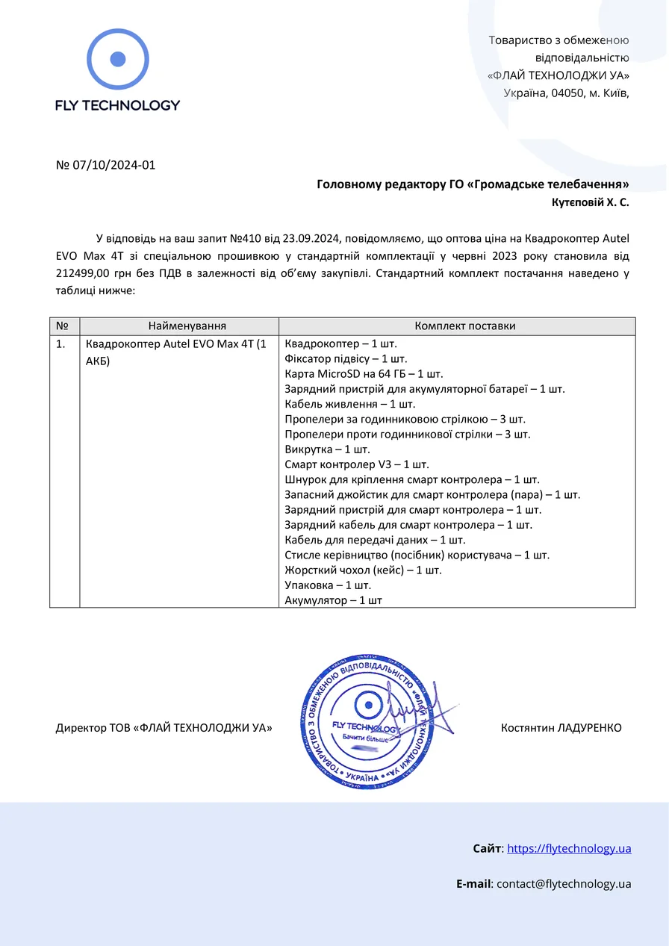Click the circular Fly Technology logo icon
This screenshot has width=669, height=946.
[x=118, y=59]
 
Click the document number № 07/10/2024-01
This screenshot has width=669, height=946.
[x=105, y=165]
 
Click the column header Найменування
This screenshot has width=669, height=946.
[x=187, y=326]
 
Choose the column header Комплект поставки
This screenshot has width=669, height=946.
[x=464, y=326]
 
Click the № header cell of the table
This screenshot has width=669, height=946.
[x=63, y=326]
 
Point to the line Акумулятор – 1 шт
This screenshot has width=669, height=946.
[x=333, y=600]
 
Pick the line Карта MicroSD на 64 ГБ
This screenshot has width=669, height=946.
[x=364, y=374]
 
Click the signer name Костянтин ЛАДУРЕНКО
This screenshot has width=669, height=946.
[x=561, y=727]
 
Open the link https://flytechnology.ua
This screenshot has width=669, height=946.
[x=569, y=848]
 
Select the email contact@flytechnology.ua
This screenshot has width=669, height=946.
[x=564, y=884]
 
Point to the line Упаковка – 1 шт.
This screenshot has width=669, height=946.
[x=328, y=585]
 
